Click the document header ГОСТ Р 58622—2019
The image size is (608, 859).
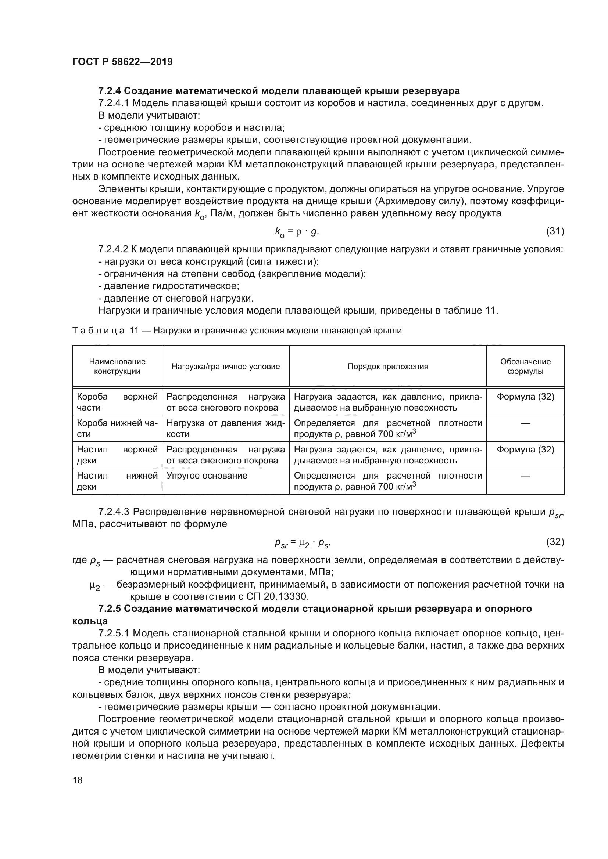pos(122,62)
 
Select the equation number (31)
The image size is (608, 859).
pos(555,231)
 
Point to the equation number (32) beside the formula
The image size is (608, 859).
pos(555,542)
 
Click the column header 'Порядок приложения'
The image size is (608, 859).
pos(387,367)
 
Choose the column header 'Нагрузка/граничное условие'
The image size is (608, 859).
pos(225,367)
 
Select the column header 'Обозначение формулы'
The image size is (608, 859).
pos(525,367)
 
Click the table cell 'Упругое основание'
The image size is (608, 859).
pos(207,476)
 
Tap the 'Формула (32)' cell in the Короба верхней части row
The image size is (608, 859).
pos(525,397)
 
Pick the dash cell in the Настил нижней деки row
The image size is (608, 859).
pos(525,476)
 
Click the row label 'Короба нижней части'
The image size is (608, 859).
pos(117,428)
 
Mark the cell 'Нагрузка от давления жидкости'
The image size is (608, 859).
pos(225,428)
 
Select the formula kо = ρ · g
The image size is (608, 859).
pos(297,232)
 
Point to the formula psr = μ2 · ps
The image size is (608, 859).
pos(303,543)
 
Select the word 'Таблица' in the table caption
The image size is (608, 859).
pos(98,331)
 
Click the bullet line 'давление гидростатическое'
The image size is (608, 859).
pos(168,286)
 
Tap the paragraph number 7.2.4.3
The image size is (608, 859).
pos(114,512)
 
